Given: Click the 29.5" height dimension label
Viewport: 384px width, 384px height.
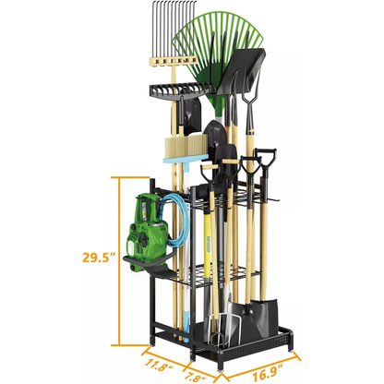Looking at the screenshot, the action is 99,257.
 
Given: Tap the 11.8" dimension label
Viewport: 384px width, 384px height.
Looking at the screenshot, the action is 159,365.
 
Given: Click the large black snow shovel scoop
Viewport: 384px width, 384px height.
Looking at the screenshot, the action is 242,71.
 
